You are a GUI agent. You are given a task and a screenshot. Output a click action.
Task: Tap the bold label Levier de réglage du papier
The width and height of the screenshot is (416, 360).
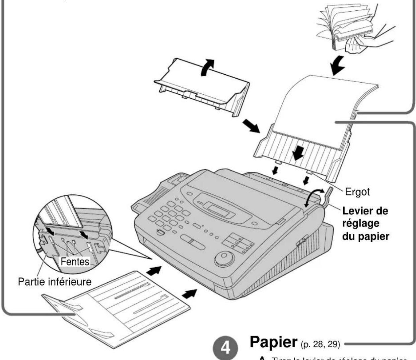[x=365, y=223]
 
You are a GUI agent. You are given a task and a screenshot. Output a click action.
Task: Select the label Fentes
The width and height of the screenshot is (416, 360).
[x=75, y=261]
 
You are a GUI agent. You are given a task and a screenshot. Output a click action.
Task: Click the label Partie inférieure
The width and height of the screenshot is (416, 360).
[x=54, y=281]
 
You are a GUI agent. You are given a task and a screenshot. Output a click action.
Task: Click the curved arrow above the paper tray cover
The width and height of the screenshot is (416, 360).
[x=207, y=67]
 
